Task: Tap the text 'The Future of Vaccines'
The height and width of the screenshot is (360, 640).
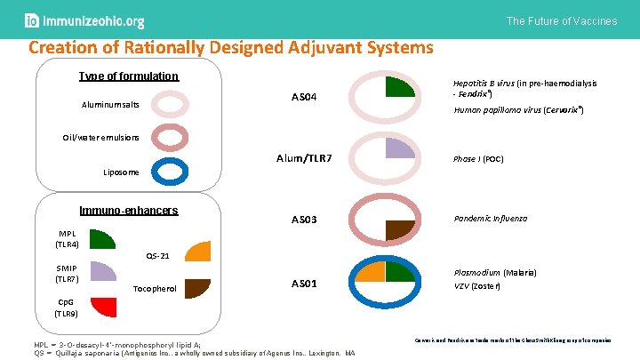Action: (x=562, y=20)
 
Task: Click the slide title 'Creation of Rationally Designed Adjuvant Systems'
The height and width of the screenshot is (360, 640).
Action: (x=231, y=48)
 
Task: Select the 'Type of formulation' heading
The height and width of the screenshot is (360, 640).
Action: (x=129, y=76)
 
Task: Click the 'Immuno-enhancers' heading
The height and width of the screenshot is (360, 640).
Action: (x=130, y=211)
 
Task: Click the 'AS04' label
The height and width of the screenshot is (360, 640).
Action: (x=305, y=96)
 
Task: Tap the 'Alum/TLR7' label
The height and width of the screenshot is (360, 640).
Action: (x=304, y=158)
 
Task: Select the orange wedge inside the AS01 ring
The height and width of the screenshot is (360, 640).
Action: (x=372, y=270)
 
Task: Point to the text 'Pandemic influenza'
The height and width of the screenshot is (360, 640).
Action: (x=491, y=218)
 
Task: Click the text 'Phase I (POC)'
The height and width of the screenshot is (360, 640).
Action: (x=478, y=159)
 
